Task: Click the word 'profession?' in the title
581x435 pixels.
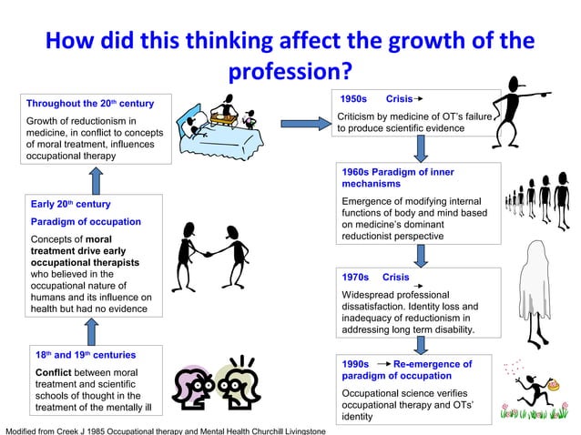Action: coord(290,71)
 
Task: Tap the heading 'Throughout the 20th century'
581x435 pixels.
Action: coord(89,103)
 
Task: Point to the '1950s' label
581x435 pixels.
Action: coord(352,98)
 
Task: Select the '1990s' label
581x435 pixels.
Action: coord(355,364)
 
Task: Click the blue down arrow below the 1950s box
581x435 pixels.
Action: coord(421,149)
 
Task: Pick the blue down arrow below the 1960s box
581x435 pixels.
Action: coord(421,256)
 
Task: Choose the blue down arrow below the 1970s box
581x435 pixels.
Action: coord(421,344)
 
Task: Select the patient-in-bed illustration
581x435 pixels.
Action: coord(218,122)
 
